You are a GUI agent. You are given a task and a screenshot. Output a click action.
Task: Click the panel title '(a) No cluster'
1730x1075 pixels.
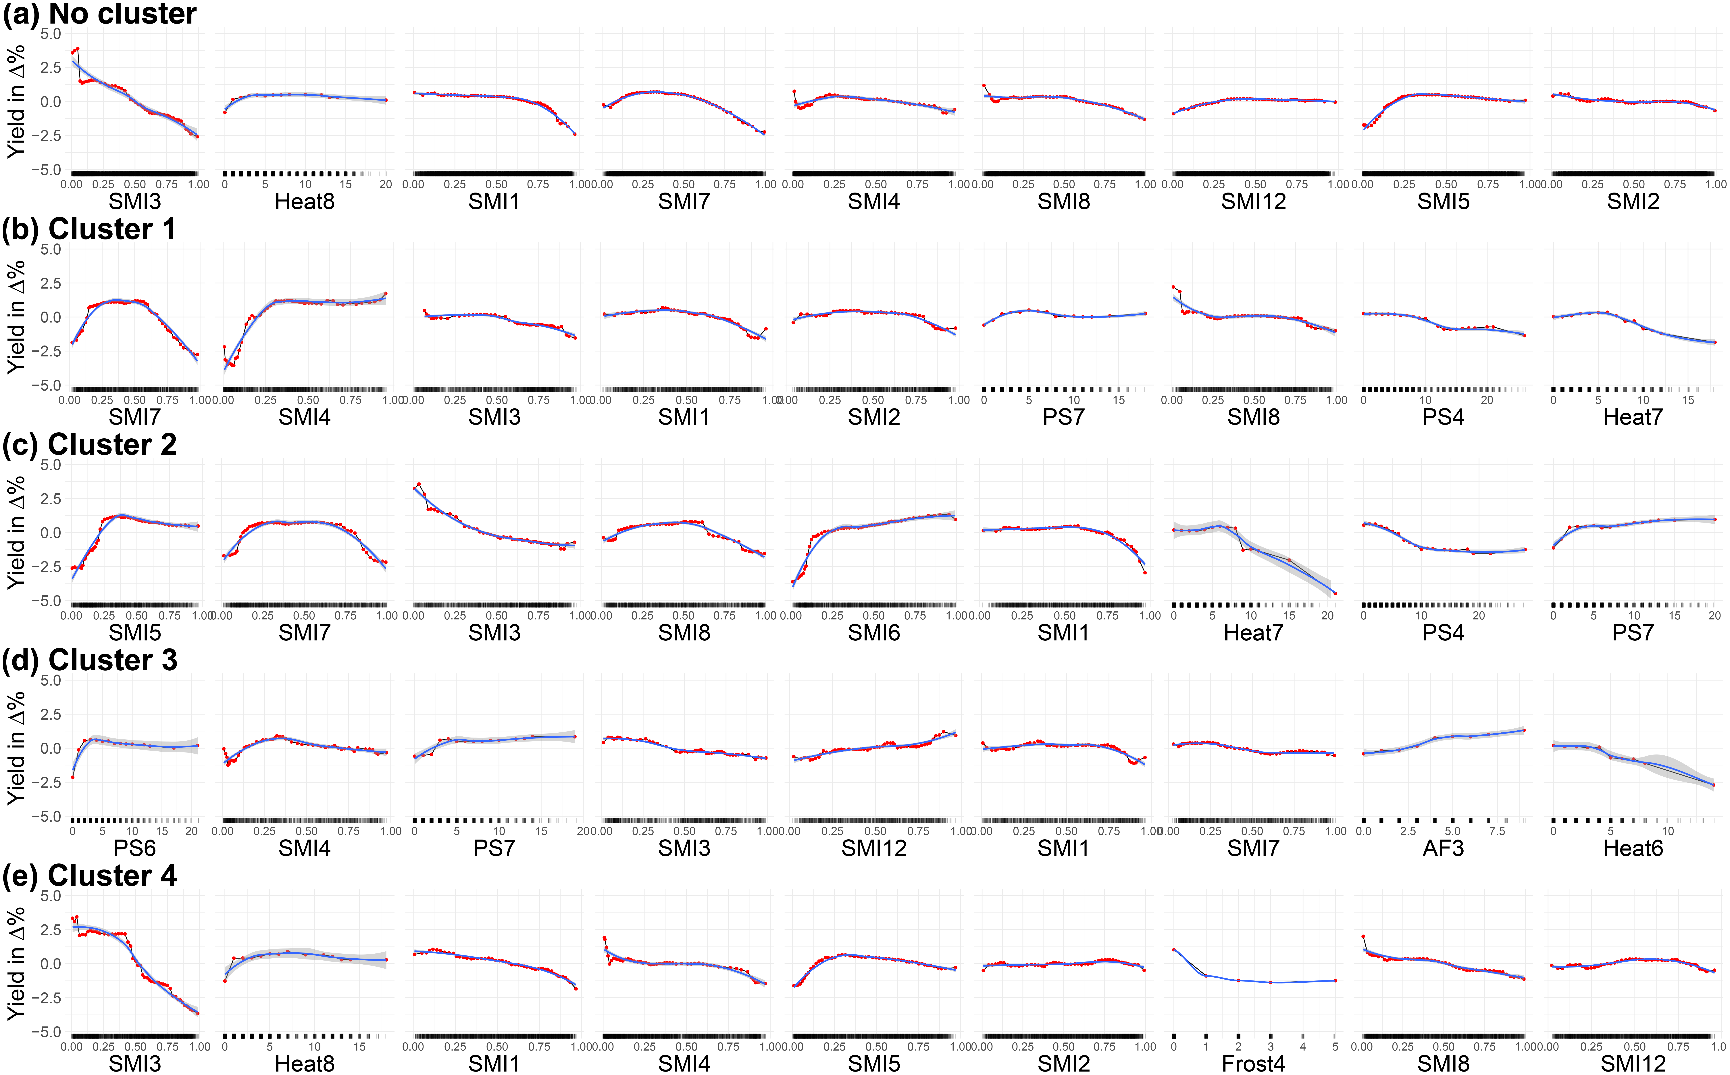coord(99,14)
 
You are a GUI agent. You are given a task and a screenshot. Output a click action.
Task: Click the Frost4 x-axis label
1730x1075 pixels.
coord(1253,1064)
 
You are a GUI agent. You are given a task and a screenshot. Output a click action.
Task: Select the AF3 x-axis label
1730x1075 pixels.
coord(1443,848)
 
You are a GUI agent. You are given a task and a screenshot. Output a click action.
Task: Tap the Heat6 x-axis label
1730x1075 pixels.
coord(1633,848)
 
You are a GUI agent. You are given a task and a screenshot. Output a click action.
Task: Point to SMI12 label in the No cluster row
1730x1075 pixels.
coord(1253,202)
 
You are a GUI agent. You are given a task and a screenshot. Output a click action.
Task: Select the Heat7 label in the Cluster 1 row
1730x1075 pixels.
coord(1633,417)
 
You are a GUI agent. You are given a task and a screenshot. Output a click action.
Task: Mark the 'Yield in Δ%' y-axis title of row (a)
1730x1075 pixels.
coord(16,102)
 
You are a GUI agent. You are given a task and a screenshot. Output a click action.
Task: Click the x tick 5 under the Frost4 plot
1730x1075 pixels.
coord(1335,1047)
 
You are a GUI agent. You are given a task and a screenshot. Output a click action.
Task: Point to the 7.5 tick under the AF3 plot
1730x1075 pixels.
coord(1497,831)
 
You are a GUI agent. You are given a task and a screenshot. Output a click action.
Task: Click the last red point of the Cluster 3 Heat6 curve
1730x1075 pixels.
coord(1714,785)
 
